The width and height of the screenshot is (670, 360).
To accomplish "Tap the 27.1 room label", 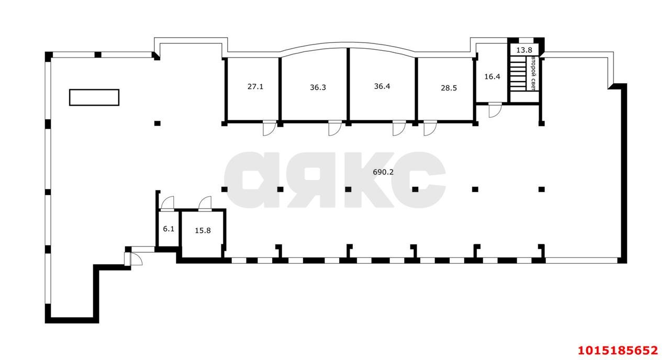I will [x=255, y=86].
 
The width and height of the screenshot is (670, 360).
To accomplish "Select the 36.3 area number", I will [x=318, y=87].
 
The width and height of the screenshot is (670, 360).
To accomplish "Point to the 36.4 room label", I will [x=382, y=86].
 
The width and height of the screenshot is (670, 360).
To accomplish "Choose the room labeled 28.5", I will [x=449, y=88].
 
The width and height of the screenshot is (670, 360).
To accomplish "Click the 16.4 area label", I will [x=492, y=76].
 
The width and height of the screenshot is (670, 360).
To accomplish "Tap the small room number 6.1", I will [x=168, y=229].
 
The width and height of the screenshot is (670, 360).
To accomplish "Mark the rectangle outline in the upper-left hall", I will [x=94, y=97].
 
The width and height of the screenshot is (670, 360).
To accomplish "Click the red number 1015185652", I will [x=617, y=350].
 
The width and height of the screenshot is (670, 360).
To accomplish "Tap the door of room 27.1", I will [x=269, y=129].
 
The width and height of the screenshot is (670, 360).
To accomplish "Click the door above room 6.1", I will [x=168, y=203].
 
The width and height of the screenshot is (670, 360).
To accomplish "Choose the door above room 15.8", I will [x=204, y=203].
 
